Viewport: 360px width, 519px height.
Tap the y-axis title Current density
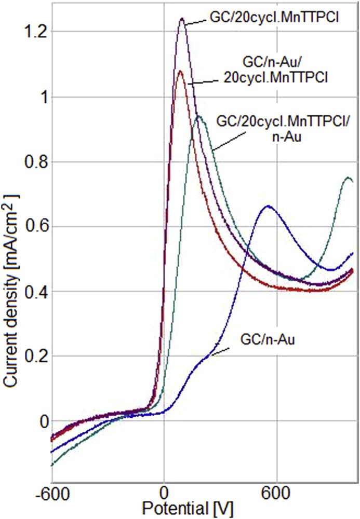point(10,291)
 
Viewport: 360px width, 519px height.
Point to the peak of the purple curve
point(182,19)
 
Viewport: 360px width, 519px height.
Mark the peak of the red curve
point(180,71)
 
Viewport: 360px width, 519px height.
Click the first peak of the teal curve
point(198,116)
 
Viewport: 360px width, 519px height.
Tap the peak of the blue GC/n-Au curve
point(268,206)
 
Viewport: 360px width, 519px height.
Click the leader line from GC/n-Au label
point(220,351)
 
